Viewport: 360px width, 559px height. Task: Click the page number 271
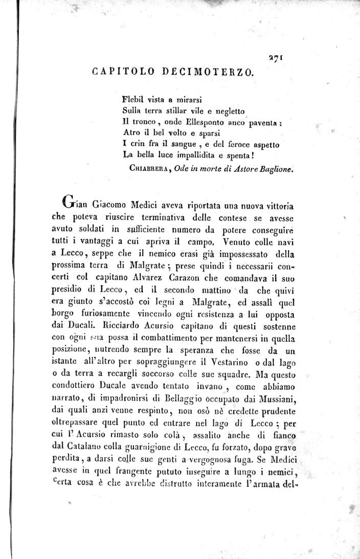tap(277, 59)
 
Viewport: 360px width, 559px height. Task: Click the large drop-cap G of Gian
tap(69, 200)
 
